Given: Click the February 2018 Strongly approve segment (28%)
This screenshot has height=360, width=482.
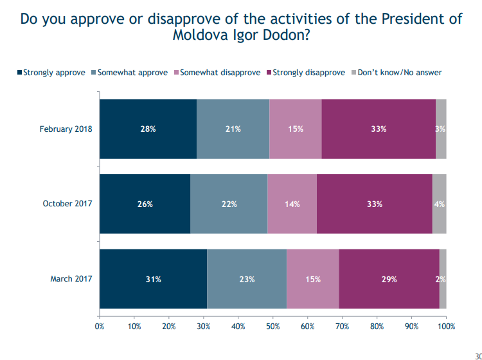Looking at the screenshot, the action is (x=148, y=129).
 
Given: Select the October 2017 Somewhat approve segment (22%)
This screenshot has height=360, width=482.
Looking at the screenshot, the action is (x=229, y=204).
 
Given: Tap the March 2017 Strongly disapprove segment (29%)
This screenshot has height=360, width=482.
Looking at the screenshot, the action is (x=389, y=279).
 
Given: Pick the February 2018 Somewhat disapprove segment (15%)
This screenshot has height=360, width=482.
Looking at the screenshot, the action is (x=296, y=129).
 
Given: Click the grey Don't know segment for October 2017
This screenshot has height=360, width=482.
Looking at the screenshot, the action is (x=440, y=204).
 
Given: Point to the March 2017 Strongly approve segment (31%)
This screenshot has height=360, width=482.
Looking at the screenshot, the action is (x=154, y=279).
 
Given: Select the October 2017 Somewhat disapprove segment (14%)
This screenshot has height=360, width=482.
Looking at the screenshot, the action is (x=292, y=204).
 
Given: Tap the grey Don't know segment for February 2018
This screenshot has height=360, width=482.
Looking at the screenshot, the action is (x=441, y=129).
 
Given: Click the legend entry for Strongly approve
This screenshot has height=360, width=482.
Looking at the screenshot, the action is (x=51, y=73).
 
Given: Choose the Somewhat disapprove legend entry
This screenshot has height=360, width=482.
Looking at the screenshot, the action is (x=217, y=73).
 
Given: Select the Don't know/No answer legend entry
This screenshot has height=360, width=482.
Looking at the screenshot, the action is (x=397, y=73).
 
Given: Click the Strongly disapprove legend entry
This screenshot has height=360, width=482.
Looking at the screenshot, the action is (x=306, y=73).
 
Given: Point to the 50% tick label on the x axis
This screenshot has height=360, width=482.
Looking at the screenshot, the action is (x=273, y=326).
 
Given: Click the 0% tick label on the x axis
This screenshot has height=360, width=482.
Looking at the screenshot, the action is (x=100, y=326).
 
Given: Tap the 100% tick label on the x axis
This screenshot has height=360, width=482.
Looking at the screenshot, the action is (x=447, y=326).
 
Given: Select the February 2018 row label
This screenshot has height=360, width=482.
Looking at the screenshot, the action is (x=66, y=129).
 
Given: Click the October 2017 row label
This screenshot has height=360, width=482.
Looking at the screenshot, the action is (x=67, y=204).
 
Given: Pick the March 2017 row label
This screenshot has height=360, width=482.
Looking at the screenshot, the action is (x=71, y=279).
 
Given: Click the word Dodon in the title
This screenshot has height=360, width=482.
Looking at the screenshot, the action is (x=285, y=35).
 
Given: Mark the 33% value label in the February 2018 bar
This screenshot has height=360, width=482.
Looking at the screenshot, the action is (x=379, y=129).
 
